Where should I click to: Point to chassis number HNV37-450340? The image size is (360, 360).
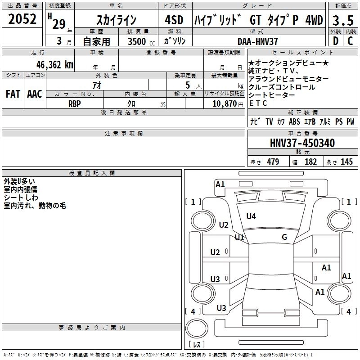coord(302,143)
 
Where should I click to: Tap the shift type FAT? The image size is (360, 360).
coord(13,94)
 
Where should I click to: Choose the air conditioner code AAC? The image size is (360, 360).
coord(34,94)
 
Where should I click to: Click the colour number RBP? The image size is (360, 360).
coord(75,103)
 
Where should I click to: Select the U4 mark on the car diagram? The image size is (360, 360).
coord(251,216)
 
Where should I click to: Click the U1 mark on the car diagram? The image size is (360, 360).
coord(239,237)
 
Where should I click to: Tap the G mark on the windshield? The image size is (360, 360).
coord(284,237)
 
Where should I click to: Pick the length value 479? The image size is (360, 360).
coord(271,162)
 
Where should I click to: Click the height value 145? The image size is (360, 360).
coord(346,162)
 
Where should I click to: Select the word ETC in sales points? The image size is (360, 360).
coord(258,103)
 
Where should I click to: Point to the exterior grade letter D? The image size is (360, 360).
coord(335,40)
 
